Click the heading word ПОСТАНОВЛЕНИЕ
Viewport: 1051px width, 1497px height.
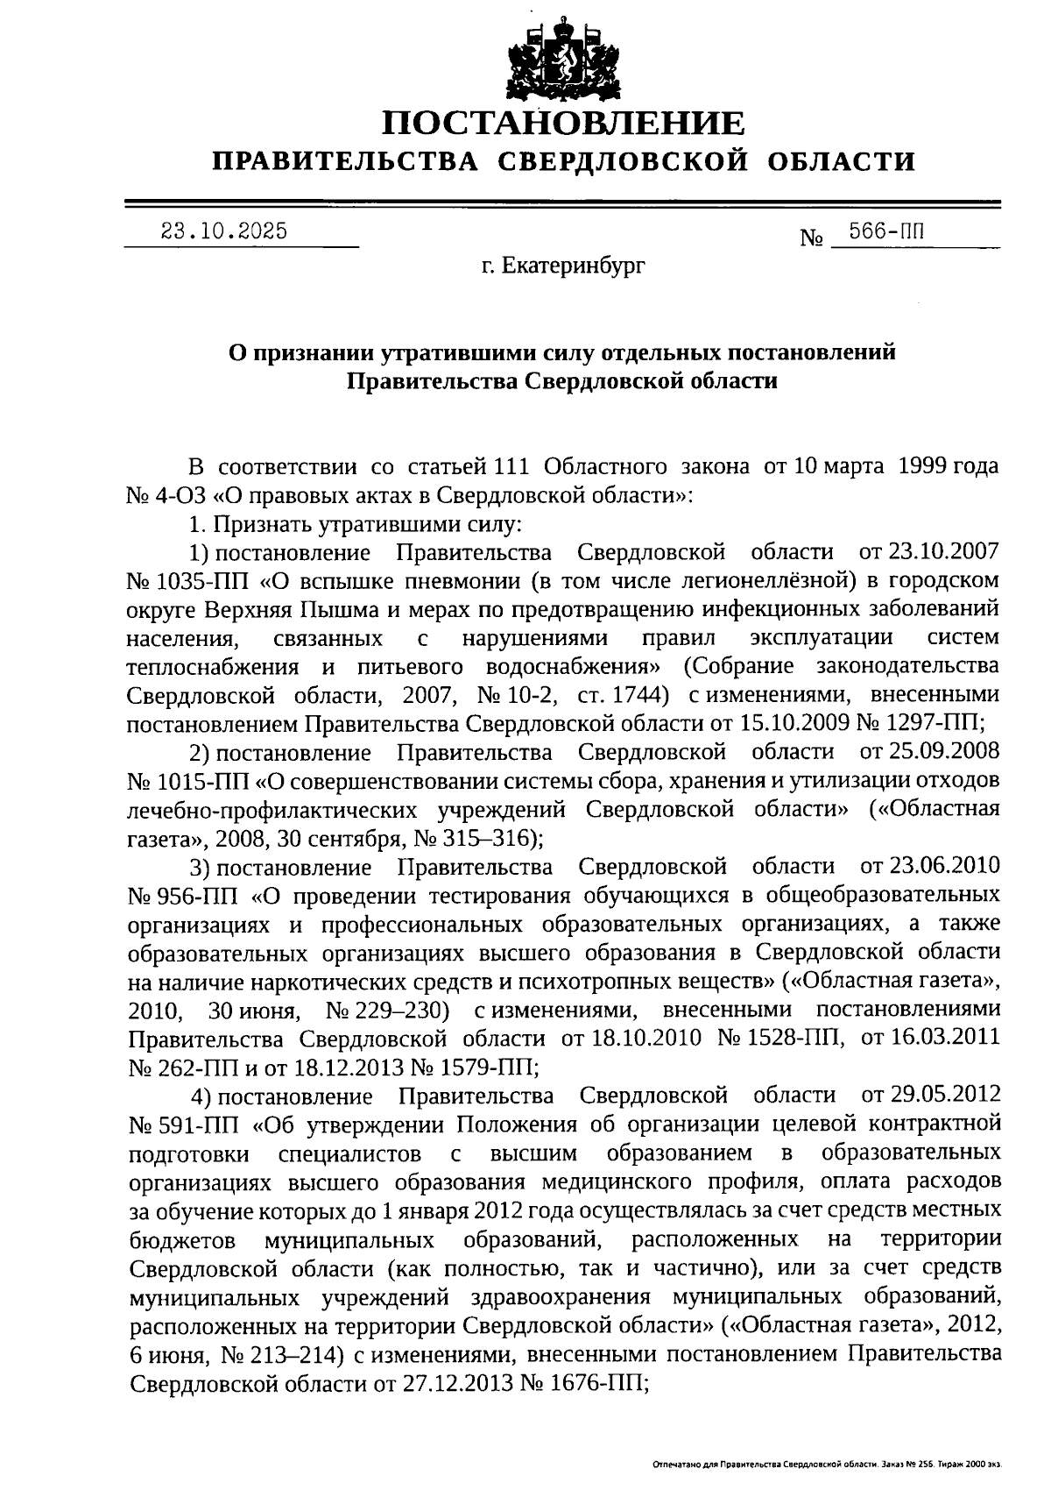[564, 124]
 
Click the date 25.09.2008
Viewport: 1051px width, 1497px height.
[942, 752]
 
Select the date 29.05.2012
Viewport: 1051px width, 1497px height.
[944, 1096]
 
